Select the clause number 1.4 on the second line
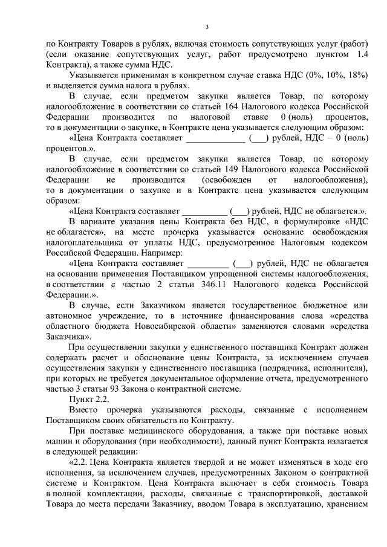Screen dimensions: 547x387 pyautogui.click(x=362, y=54)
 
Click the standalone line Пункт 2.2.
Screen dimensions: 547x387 pyautogui.click(x=88, y=400)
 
